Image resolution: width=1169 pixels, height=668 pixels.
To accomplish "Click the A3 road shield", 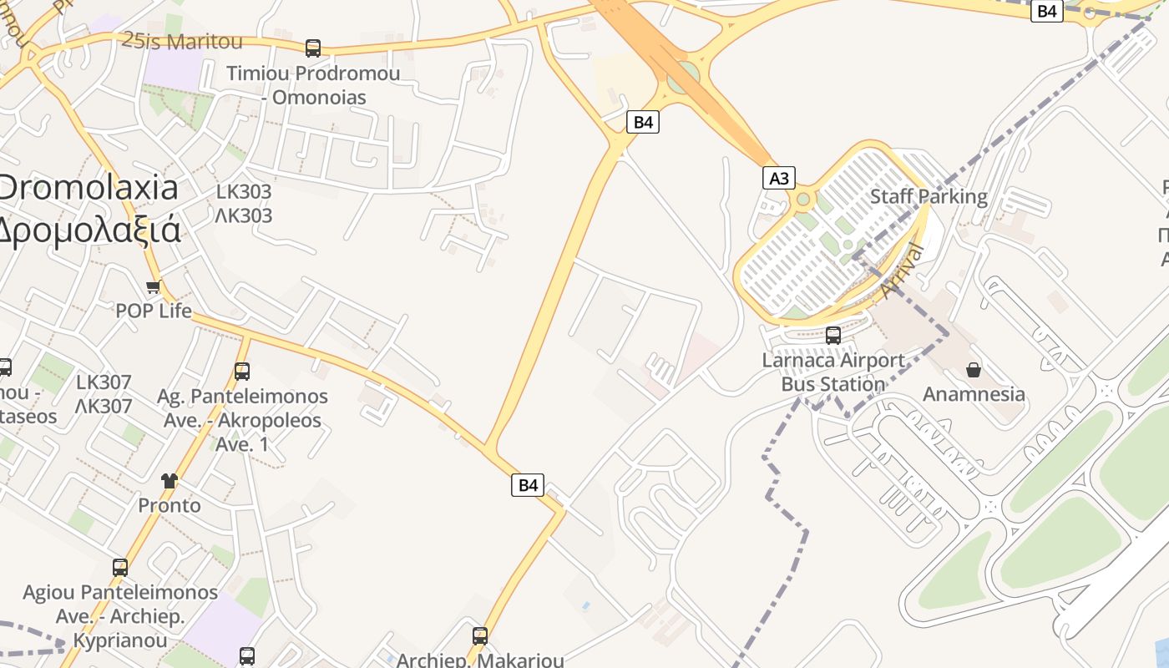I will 778,178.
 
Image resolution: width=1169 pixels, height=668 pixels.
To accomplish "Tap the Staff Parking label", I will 929,197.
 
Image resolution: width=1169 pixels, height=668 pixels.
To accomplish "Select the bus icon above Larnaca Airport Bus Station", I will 832,336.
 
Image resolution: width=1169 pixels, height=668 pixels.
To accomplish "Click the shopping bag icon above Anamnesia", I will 973,369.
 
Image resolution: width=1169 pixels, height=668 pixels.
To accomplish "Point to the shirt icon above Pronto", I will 170,480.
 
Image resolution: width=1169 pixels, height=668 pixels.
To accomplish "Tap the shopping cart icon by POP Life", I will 153,287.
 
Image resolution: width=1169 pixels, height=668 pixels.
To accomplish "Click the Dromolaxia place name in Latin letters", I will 88,187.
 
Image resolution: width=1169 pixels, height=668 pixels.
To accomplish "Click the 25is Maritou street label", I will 182,41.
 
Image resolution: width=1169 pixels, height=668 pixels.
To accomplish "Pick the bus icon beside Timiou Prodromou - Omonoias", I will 313,48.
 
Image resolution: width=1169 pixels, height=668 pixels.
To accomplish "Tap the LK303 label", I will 244,191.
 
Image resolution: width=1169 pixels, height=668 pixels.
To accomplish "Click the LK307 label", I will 104,382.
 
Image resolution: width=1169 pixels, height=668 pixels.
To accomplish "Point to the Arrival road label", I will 903,271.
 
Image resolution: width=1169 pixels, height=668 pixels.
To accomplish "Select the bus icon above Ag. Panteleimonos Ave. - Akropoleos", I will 242,372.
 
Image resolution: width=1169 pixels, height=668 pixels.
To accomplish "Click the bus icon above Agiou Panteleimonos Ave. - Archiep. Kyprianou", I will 120,568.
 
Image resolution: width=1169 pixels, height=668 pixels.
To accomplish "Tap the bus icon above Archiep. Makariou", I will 480,636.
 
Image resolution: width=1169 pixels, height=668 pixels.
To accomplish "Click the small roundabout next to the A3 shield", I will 803,199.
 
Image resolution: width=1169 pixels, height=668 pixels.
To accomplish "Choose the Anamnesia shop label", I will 974,394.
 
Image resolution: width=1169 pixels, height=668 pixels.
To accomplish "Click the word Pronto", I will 170,505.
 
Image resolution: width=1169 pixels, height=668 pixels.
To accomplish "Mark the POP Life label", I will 154,311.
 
